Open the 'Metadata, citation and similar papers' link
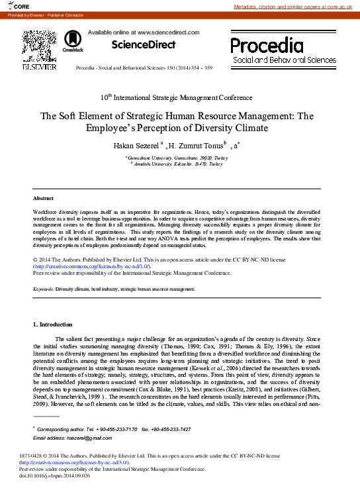pos(296,7)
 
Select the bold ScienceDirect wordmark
pos(143,45)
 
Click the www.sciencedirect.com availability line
pos(144,32)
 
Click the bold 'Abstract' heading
pos(44,198)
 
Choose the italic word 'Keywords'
pos(44,289)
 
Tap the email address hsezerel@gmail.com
pos(75,438)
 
